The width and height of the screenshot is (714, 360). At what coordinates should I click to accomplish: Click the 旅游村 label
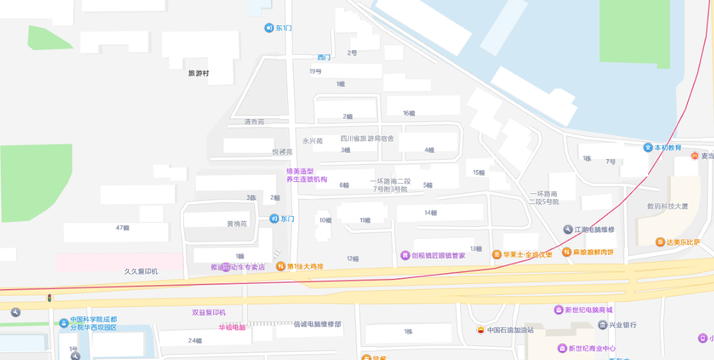[198, 74]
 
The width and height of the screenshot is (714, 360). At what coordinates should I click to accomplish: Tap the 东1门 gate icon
[269, 28]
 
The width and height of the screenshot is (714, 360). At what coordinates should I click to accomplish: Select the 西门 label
[324, 58]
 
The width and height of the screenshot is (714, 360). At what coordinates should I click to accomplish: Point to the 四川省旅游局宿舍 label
[367, 138]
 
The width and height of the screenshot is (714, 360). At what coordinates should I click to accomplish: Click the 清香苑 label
[254, 122]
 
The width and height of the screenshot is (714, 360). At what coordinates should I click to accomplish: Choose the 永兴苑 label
[313, 141]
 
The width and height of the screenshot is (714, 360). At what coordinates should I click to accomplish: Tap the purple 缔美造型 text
[300, 171]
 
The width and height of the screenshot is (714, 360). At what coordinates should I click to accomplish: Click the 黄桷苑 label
[237, 224]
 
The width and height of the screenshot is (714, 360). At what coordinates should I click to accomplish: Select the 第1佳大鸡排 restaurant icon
[280, 266]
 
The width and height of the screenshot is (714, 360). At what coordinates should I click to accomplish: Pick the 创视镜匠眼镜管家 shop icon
[405, 255]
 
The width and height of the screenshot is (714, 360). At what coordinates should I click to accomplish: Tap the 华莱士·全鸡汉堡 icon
[497, 255]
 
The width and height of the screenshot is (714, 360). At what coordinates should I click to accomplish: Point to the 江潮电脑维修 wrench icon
[568, 229]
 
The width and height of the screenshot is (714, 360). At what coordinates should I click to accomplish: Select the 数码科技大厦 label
[668, 206]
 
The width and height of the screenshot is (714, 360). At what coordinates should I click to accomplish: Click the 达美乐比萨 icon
[660, 242]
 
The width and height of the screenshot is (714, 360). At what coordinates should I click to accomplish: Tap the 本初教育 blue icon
[648, 148]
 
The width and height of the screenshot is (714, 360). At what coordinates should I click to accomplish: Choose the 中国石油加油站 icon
[481, 330]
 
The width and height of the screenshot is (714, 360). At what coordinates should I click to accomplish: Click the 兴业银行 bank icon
[602, 325]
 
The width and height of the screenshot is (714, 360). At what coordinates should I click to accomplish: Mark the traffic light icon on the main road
[49, 297]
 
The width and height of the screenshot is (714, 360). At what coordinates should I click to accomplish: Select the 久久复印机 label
[141, 271]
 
